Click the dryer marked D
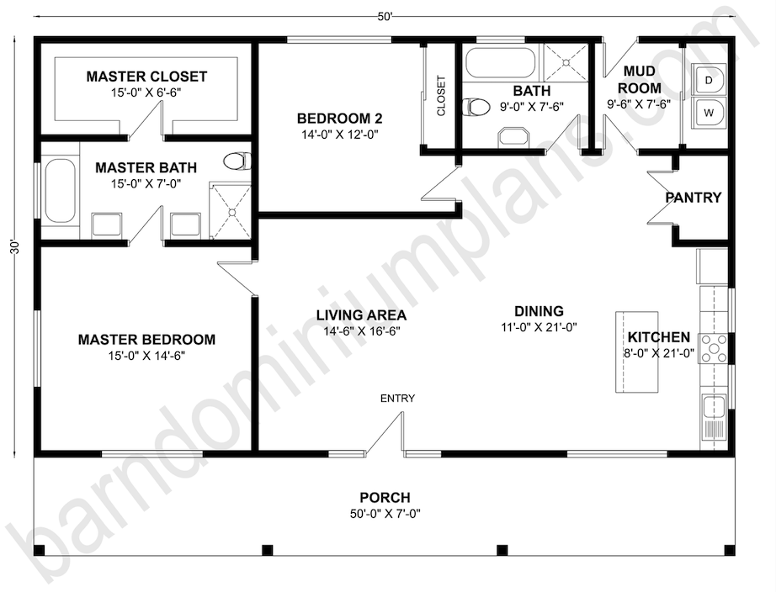coord(709,80)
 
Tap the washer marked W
coord(709,113)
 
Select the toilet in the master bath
coord(237,161)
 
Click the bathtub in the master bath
coord(61,191)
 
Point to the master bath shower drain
coord(231,213)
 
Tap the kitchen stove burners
coord(713,349)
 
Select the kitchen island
coord(636,352)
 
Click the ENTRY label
coord(397,398)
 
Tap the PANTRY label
coord(694,198)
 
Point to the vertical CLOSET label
coord(441,96)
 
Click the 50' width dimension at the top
coord(385,17)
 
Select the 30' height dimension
coord(15,246)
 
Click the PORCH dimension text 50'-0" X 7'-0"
coord(385,514)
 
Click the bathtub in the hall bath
coord(501,63)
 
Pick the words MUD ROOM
coord(640,80)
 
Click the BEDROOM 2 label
coord(339,119)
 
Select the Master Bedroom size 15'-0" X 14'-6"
coord(146,356)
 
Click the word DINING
coord(539,311)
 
